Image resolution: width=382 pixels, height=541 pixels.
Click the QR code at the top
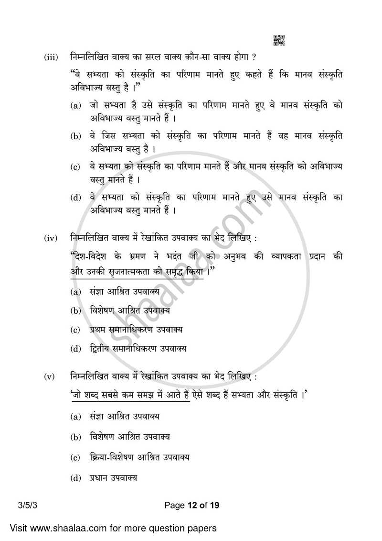[279, 41]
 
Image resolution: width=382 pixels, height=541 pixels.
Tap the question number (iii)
[51, 58]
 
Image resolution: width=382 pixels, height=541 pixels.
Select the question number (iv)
[51, 238]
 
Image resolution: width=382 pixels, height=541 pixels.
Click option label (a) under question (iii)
[75, 105]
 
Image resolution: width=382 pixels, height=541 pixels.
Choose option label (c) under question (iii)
[75, 167]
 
